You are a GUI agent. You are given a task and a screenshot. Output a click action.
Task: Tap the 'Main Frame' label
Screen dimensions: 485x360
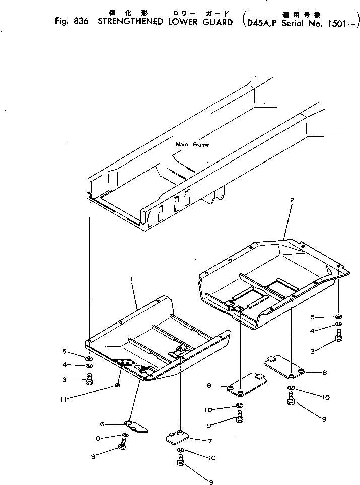point(192,145)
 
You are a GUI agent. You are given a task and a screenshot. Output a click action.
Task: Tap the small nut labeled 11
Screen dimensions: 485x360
point(117,386)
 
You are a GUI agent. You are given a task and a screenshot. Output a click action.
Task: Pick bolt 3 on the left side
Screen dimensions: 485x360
point(89,379)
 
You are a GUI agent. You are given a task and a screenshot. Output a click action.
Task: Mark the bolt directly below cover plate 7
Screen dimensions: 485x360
point(180,460)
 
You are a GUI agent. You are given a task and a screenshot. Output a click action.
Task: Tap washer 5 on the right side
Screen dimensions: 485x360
point(339,317)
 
